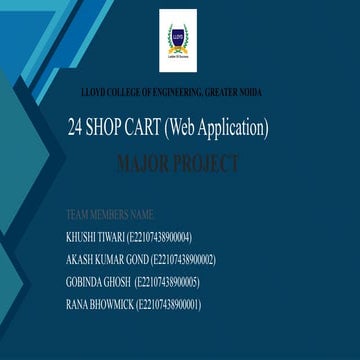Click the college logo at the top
click(x=178, y=42)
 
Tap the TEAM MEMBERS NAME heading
click(x=109, y=214)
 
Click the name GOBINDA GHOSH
click(x=96, y=281)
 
